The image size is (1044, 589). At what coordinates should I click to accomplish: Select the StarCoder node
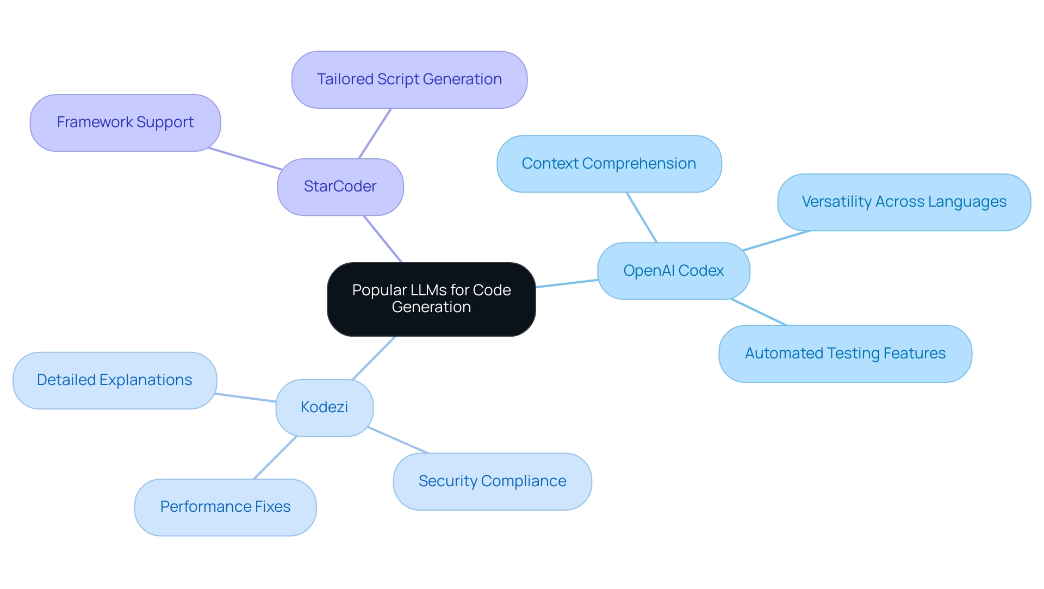click(340, 187)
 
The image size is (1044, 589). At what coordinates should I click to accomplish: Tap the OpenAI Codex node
click(673, 271)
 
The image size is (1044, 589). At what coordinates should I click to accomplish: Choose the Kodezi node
click(325, 407)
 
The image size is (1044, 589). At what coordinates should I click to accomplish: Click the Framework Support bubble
click(125, 122)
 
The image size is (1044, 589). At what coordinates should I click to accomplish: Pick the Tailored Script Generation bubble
click(409, 79)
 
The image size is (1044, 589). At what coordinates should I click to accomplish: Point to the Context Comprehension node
click(609, 164)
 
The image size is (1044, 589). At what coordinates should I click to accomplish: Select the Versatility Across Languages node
click(904, 202)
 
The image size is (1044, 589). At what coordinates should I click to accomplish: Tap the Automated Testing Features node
click(845, 354)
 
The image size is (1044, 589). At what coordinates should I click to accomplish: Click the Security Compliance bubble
click(492, 481)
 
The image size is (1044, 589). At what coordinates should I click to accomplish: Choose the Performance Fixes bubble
click(225, 507)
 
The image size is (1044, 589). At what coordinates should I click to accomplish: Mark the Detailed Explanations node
click(114, 380)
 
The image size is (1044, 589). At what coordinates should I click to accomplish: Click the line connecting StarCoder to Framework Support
click(245, 158)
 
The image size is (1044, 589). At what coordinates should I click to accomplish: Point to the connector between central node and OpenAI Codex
click(567, 283)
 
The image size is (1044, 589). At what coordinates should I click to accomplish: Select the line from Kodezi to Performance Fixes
click(275, 457)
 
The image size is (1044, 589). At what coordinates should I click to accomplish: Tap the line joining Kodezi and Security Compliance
click(398, 440)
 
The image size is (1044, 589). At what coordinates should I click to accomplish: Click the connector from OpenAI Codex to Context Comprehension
click(642, 217)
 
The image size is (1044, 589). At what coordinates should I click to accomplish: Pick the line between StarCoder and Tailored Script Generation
click(375, 133)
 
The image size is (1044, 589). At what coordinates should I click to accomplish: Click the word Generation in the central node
click(431, 307)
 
